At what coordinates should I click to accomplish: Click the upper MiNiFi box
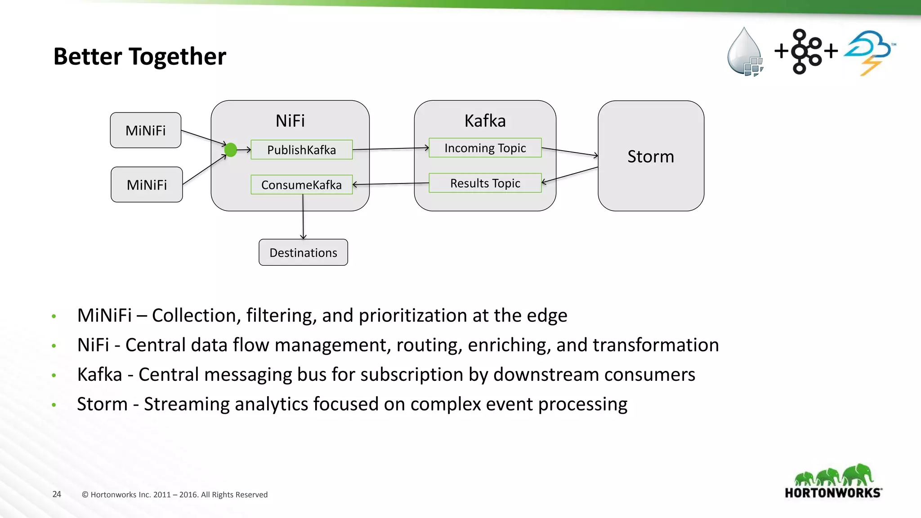click(145, 130)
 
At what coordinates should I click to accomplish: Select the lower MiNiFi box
click(147, 185)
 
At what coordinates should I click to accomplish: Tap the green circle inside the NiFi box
click(231, 150)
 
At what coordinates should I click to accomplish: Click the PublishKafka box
click(301, 150)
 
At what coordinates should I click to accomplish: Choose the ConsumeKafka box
click(301, 185)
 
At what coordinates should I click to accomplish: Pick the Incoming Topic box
click(485, 148)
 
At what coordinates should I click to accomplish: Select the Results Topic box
click(485, 183)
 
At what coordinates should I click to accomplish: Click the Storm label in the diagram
click(651, 156)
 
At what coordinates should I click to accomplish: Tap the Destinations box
click(303, 253)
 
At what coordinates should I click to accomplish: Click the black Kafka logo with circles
click(805, 51)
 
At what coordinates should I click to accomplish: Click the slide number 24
click(57, 494)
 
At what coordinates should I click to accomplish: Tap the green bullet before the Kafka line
click(54, 375)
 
